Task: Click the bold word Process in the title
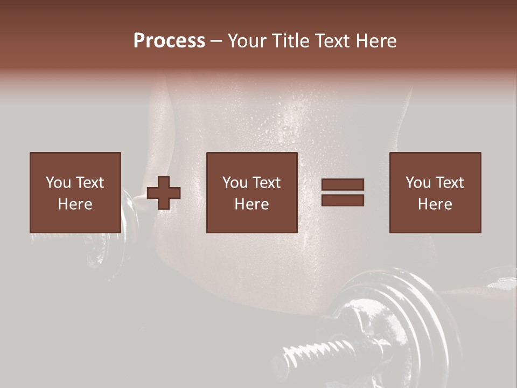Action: pos(169,41)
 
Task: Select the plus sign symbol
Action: pos(164,193)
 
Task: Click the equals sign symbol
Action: pos(343,192)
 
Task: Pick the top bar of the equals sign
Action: pos(343,185)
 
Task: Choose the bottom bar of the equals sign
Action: pos(343,200)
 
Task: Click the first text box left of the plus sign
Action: pos(75,192)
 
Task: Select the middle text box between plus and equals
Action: pos(251,192)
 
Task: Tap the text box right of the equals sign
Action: pos(435,192)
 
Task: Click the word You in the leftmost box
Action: pos(58,183)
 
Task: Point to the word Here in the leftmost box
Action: pos(75,204)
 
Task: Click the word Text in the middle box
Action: pos(267,183)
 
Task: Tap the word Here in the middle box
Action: pos(251,204)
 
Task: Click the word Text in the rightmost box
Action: pos(450,183)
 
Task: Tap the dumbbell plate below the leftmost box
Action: pos(100,253)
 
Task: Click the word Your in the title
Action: pos(246,41)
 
